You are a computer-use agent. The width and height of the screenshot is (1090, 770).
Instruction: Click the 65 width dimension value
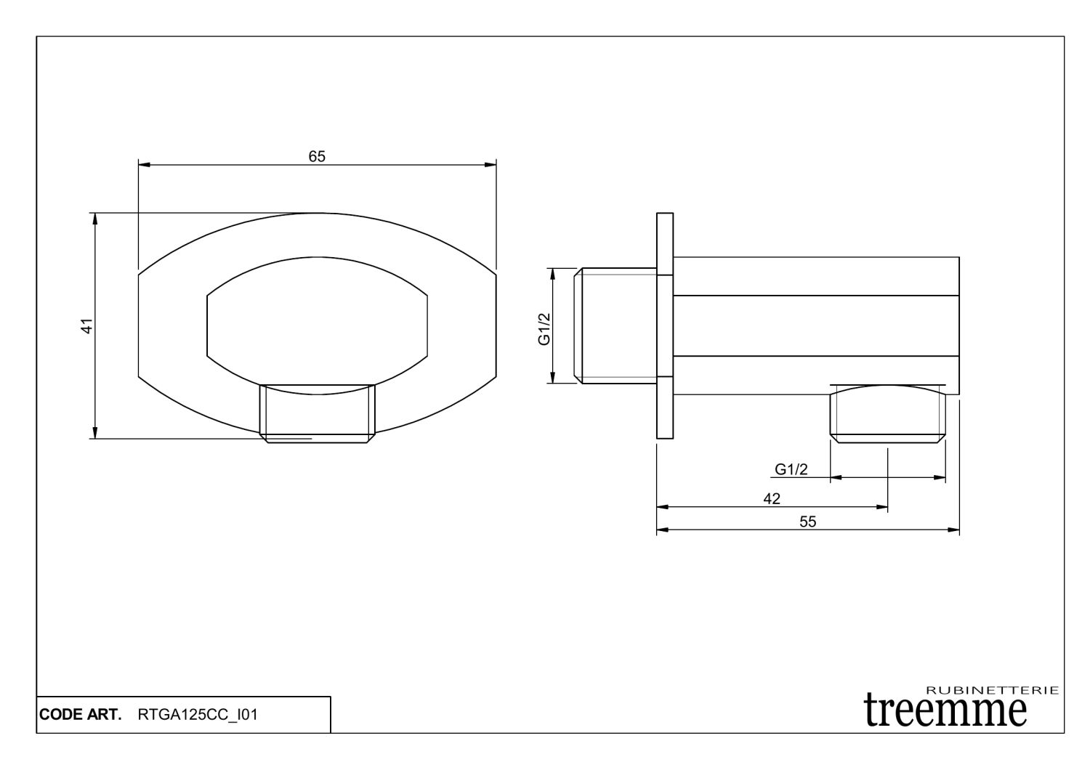tap(317, 156)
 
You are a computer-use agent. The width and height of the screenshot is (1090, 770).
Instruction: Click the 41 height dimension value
tap(86, 326)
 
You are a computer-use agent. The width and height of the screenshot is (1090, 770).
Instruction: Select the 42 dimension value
tap(772, 499)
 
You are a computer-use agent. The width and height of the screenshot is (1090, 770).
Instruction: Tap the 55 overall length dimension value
tap(807, 522)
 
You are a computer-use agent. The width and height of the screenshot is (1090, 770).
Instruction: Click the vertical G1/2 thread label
tap(544, 328)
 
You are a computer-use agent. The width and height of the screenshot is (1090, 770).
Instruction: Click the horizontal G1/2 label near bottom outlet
tap(791, 469)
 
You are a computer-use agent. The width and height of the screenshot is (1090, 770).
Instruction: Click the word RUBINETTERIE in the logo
tap(993, 690)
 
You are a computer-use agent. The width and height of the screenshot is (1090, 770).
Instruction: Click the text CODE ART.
tap(80, 715)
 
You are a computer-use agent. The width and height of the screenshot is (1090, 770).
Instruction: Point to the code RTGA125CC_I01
tap(196, 715)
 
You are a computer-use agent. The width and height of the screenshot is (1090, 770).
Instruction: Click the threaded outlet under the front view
tap(318, 414)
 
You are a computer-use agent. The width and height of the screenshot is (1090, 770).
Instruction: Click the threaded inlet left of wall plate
tap(616, 325)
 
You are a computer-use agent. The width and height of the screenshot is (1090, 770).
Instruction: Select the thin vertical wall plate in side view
tap(665, 325)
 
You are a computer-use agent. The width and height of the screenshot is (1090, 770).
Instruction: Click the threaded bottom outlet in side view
tap(888, 416)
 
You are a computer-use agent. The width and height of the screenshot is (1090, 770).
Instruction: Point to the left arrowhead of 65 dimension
tap(143, 166)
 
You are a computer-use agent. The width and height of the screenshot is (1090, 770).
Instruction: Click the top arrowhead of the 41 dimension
tap(94, 217)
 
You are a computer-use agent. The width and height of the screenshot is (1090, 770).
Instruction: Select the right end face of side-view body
tap(959, 325)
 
